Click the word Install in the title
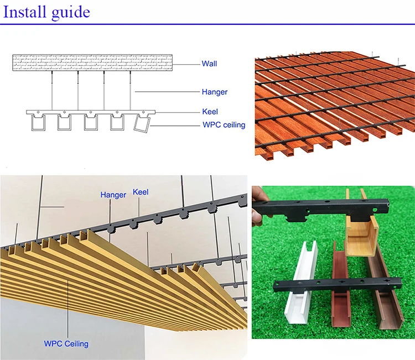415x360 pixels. [x=25, y=12]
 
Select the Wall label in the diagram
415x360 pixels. [x=209, y=64]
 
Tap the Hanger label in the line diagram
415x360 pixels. [x=214, y=92]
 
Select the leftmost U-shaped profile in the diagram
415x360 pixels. [x=38, y=123]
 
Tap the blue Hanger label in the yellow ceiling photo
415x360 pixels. [x=113, y=195]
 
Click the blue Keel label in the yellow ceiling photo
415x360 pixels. [x=141, y=193]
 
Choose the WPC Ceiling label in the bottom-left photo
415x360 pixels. [x=66, y=343]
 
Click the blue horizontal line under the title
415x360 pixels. [x=207, y=24]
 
